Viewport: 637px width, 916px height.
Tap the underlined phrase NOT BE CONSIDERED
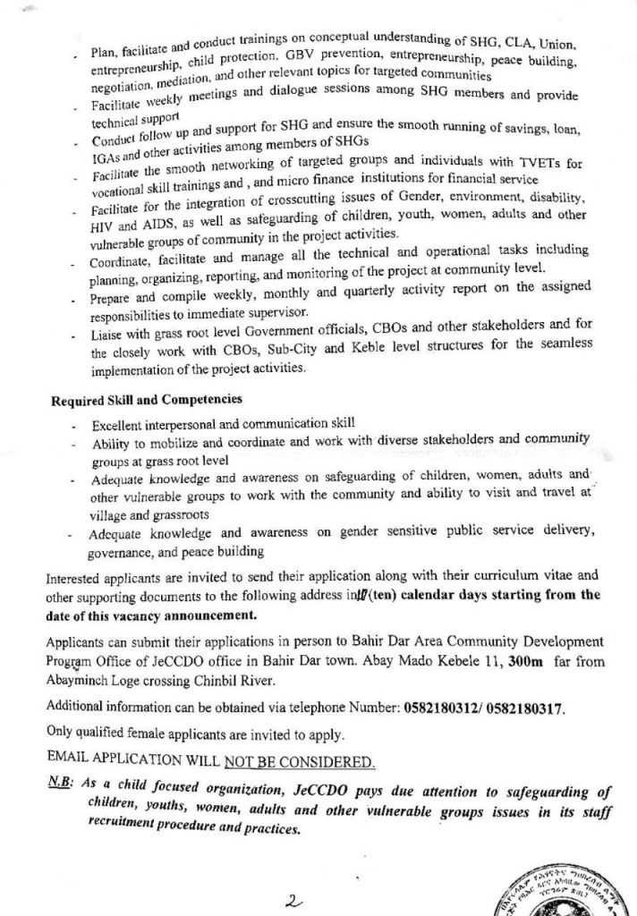302,763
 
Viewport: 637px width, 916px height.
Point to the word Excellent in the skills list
121,424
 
